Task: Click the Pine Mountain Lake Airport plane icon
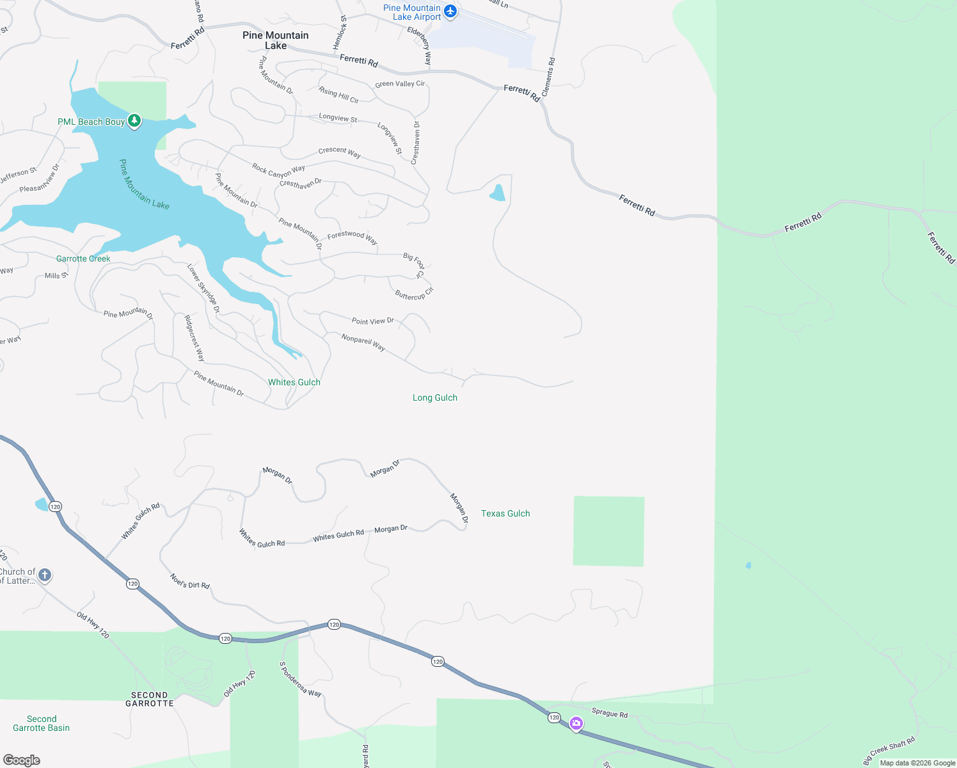click(x=450, y=11)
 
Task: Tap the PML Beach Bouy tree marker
click(x=134, y=120)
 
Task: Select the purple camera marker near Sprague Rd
click(x=576, y=723)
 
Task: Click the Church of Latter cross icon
click(x=44, y=574)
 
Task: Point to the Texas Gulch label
click(x=505, y=513)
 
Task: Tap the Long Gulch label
click(x=435, y=397)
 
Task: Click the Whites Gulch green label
click(x=294, y=382)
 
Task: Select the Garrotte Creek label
click(x=83, y=259)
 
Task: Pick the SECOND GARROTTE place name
click(x=150, y=699)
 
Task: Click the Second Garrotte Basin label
click(x=42, y=723)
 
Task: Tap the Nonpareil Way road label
click(x=363, y=342)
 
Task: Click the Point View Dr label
click(x=373, y=321)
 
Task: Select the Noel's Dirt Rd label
click(x=190, y=581)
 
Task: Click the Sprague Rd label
click(x=610, y=713)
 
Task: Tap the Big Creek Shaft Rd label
click(x=889, y=750)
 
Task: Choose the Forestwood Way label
click(x=352, y=237)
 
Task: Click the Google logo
click(x=22, y=760)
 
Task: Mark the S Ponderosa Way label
click(x=300, y=680)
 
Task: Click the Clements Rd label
click(x=549, y=77)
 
